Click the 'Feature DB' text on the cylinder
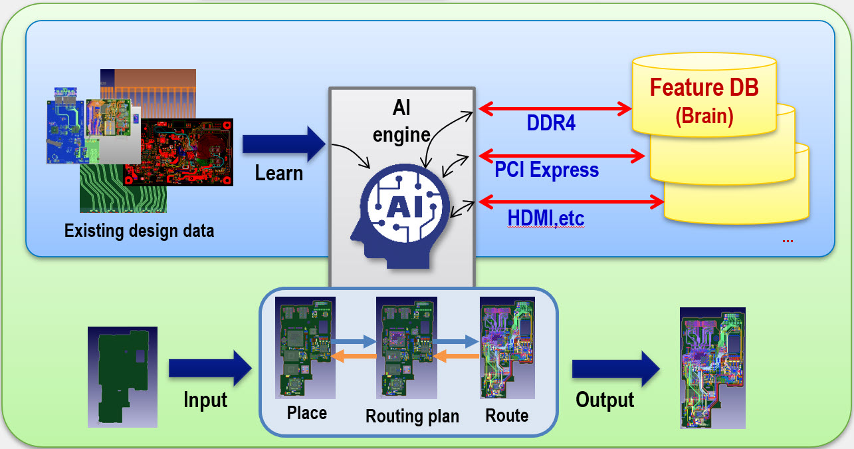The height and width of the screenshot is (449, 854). pyautogui.click(x=704, y=88)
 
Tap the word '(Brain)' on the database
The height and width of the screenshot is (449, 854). pyautogui.click(x=704, y=116)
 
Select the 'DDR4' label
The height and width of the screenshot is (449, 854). pyautogui.click(x=550, y=124)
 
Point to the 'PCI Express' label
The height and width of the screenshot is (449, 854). pyautogui.click(x=546, y=170)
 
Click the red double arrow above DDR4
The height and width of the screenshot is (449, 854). pyautogui.click(x=554, y=107)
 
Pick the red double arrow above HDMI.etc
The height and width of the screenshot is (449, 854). pyautogui.click(x=571, y=200)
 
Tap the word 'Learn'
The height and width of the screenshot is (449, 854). pyautogui.click(x=279, y=174)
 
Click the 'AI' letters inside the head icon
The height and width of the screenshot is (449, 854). pyautogui.click(x=401, y=207)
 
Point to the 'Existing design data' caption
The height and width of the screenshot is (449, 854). pyautogui.click(x=139, y=231)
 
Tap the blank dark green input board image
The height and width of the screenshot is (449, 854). pyautogui.click(x=122, y=376)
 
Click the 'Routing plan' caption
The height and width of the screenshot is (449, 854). pyautogui.click(x=412, y=417)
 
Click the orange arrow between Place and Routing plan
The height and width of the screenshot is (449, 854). pyautogui.click(x=355, y=357)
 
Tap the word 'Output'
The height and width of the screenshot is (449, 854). pyautogui.click(x=605, y=400)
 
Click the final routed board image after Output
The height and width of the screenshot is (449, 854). pyautogui.click(x=712, y=367)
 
